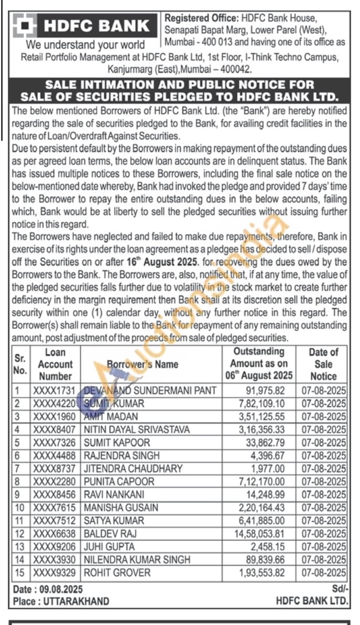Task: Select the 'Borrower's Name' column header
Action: point(142,364)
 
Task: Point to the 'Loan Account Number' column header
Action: point(56,364)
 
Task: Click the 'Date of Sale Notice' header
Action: point(323,364)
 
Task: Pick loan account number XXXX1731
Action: point(55,391)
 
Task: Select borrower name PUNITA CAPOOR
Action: point(119,481)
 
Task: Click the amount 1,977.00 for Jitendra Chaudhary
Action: point(275,469)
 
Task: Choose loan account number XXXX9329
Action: point(55,573)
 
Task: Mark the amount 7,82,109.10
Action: point(265,404)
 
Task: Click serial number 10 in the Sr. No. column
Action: point(19,508)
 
